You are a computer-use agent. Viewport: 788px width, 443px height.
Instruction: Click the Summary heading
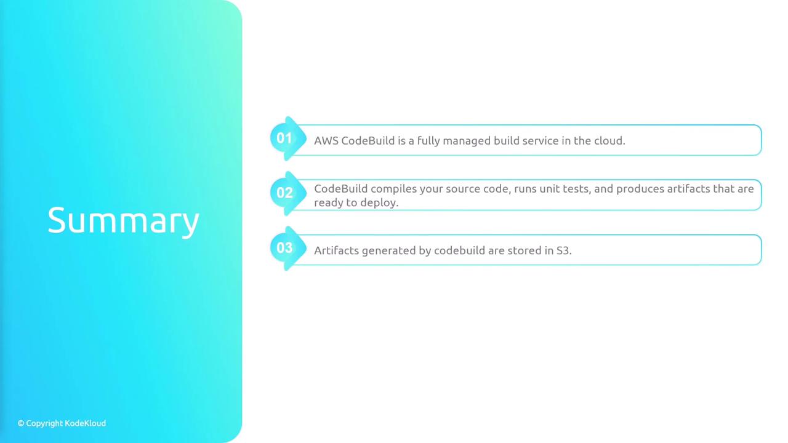coord(124,221)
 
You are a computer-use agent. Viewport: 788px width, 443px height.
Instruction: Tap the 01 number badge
coord(284,138)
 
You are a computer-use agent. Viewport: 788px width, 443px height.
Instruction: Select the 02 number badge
coord(284,193)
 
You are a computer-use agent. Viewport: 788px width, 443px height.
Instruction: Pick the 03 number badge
coord(284,248)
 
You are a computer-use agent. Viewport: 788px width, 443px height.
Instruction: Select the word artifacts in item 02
coord(688,189)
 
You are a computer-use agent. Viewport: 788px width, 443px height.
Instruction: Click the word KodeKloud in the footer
coord(85,423)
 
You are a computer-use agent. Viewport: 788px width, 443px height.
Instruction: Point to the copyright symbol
coord(21,423)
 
